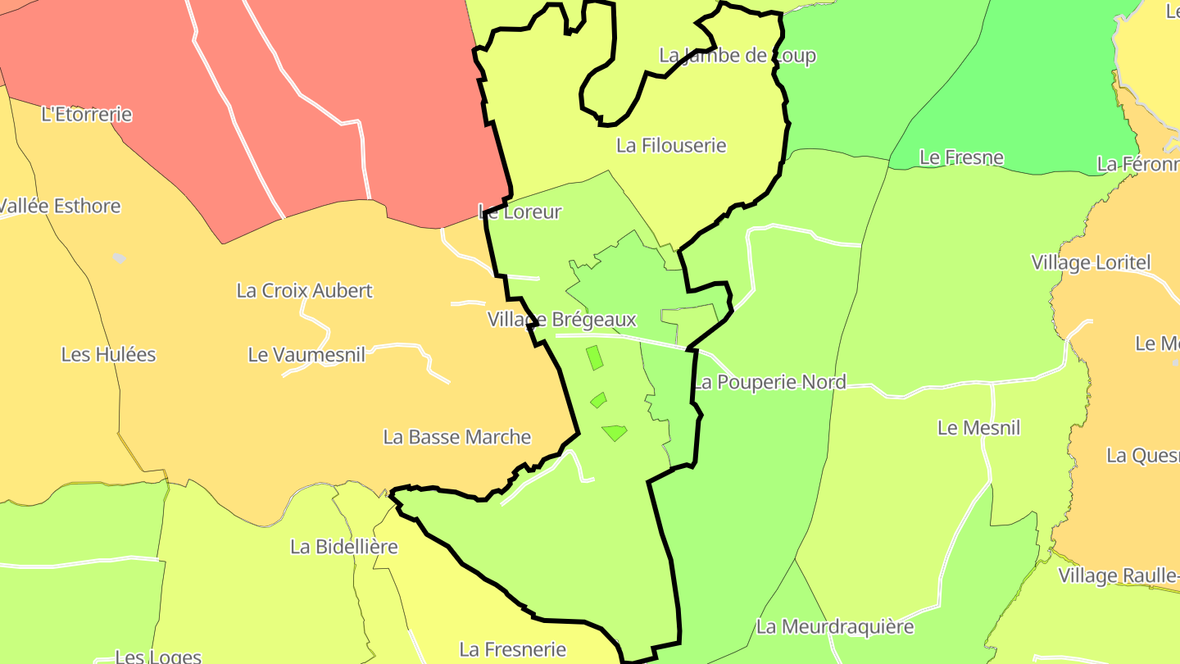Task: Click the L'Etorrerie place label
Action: click(x=86, y=115)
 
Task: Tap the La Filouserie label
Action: click(x=671, y=146)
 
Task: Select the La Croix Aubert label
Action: click(x=304, y=290)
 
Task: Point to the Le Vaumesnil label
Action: click(x=306, y=354)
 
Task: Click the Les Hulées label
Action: click(x=108, y=354)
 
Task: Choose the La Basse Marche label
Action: click(x=457, y=437)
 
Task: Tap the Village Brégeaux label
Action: click(x=562, y=319)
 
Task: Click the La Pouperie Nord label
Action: click(x=769, y=382)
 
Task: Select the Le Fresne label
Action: click(x=961, y=157)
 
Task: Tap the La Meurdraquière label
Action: click(x=834, y=627)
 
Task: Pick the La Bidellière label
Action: click(x=344, y=546)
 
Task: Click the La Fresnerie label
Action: click(x=512, y=650)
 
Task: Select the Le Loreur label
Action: click(x=520, y=211)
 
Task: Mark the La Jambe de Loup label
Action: click(x=737, y=56)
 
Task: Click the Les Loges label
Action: click(x=158, y=656)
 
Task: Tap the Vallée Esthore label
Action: click(x=59, y=206)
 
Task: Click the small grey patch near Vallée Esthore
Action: click(x=120, y=258)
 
